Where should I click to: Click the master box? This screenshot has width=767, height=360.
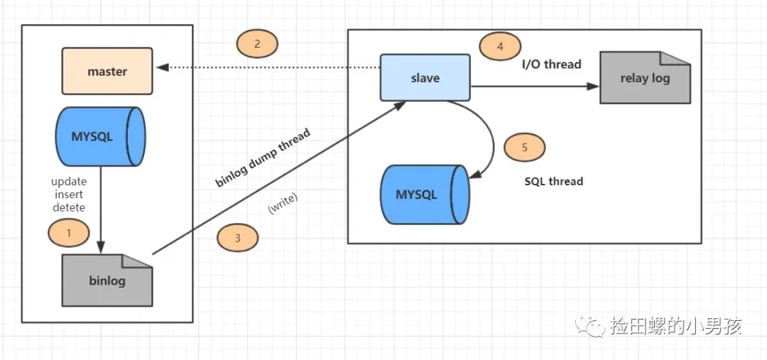[x=107, y=71]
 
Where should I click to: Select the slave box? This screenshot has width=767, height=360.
[x=425, y=77]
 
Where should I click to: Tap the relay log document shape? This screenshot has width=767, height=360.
[x=645, y=78]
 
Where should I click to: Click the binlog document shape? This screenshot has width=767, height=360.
[x=107, y=280]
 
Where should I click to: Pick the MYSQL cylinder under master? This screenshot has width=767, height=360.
[x=101, y=137]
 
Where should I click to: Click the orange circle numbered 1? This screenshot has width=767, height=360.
[x=68, y=232]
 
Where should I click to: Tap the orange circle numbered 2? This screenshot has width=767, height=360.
[x=256, y=44]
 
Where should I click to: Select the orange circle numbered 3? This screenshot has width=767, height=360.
[x=237, y=239]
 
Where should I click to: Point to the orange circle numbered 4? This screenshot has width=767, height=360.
[x=500, y=47]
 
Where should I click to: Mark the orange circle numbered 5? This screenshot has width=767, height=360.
[x=524, y=148]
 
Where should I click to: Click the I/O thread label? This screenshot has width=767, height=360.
[x=551, y=65]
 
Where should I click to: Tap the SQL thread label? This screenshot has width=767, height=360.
[x=553, y=181]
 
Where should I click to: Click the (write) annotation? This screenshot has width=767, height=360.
[x=283, y=203]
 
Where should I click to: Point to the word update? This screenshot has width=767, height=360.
[x=69, y=182]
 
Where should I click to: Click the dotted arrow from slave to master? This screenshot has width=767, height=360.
[x=270, y=68]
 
